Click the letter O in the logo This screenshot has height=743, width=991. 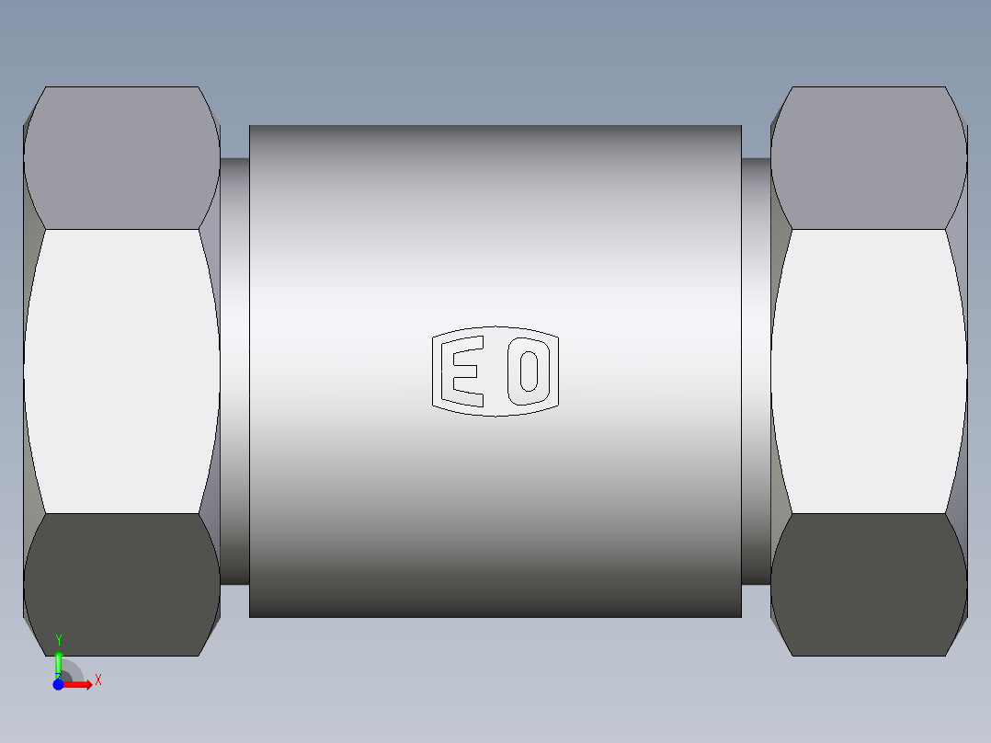[x=529, y=371]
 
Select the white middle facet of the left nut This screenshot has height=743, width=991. [x=121, y=371]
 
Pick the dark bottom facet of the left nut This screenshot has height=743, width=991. [x=121, y=585]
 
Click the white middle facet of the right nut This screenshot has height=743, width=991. [x=869, y=371]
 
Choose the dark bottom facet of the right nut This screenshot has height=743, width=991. [x=869, y=585]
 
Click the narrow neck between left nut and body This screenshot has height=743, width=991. [x=234, y=371]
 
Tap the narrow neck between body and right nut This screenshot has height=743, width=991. [x=756, y=371]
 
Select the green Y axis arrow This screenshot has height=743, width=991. [x=58, y=663]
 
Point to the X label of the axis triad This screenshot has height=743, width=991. [x=97, y=680]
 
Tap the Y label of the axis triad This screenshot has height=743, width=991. [x=59, y=640]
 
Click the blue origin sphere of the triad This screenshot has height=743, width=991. [x=58, y=685]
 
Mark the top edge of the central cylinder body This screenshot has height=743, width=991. [x=495, y=125]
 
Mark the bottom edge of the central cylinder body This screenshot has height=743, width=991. [x=495, y=617]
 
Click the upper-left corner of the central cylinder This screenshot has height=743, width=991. [x=250, y=126]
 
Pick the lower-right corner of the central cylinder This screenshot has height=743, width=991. [x=741, y=616]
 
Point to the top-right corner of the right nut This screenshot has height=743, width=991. [x=945, y=88]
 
